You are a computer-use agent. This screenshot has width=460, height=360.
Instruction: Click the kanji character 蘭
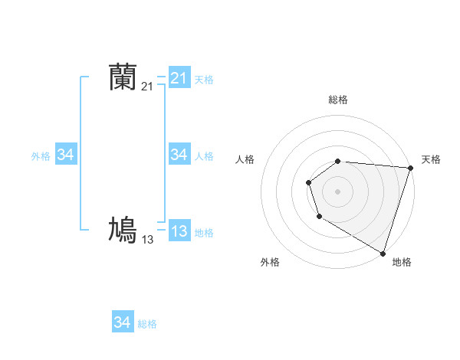123,77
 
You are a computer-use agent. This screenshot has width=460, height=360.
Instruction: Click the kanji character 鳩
123,230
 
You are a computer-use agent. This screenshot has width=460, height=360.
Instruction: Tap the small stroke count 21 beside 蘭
147,87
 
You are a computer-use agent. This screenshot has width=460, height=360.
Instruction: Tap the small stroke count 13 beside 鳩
147,239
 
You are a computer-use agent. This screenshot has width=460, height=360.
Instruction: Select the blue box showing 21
179,78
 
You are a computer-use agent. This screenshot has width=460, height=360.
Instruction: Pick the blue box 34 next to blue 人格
179,155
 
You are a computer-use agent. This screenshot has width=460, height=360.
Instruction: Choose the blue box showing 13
179,231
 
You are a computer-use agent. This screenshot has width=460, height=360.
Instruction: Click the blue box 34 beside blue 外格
65,155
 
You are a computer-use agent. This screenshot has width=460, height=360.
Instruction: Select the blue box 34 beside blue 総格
122,322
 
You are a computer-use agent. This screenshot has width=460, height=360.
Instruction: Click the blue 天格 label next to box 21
204,80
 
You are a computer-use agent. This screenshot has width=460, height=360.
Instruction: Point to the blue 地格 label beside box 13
204,233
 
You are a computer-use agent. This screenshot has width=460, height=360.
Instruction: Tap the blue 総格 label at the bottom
147,324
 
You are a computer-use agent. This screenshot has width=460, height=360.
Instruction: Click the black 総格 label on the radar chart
338,100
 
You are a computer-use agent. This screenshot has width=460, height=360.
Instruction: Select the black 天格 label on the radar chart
431,159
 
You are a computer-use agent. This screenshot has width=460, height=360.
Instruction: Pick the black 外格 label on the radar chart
270,262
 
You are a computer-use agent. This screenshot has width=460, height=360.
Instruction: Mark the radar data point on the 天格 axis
410,168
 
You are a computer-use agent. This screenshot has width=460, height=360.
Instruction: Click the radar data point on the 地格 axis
383,252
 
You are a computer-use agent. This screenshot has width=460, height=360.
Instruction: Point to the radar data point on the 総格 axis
338,161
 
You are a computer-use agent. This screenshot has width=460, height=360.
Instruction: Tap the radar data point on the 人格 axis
308,182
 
